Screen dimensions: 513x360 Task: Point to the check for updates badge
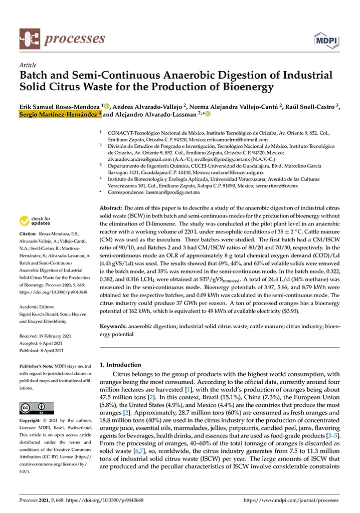pos(35,221)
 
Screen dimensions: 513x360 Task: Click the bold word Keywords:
pos(113,326)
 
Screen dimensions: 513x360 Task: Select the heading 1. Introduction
pos(120,365)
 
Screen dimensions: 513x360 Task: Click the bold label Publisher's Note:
pos(37,366)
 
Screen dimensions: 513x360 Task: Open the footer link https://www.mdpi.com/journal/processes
pos(291,500)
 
